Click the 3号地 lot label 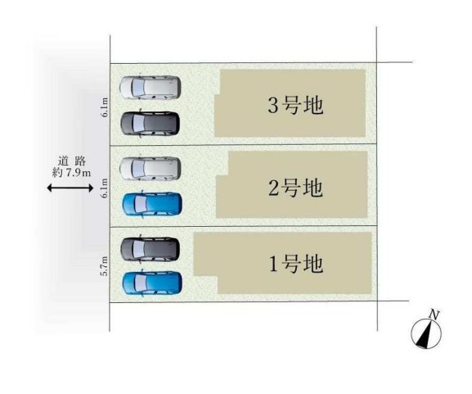(295, 106)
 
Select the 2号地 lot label (295, 188)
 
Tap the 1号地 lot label (295, 264)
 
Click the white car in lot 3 (151, 87)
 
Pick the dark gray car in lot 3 (151, 124)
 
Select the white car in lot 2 (151, 168)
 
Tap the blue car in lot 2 (152, 204)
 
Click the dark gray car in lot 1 (151, 249)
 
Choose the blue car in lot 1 (152, 283)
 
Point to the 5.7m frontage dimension (105, 265)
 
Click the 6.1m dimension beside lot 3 (105, 107)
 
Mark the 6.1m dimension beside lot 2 (105, 188)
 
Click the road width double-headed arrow (70, 188)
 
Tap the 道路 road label (72, 161)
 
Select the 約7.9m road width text (71, 173)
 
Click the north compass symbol (426, 333)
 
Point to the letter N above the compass (434, 315)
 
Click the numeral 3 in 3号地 (273, 106)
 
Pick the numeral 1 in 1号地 (273, 265)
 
